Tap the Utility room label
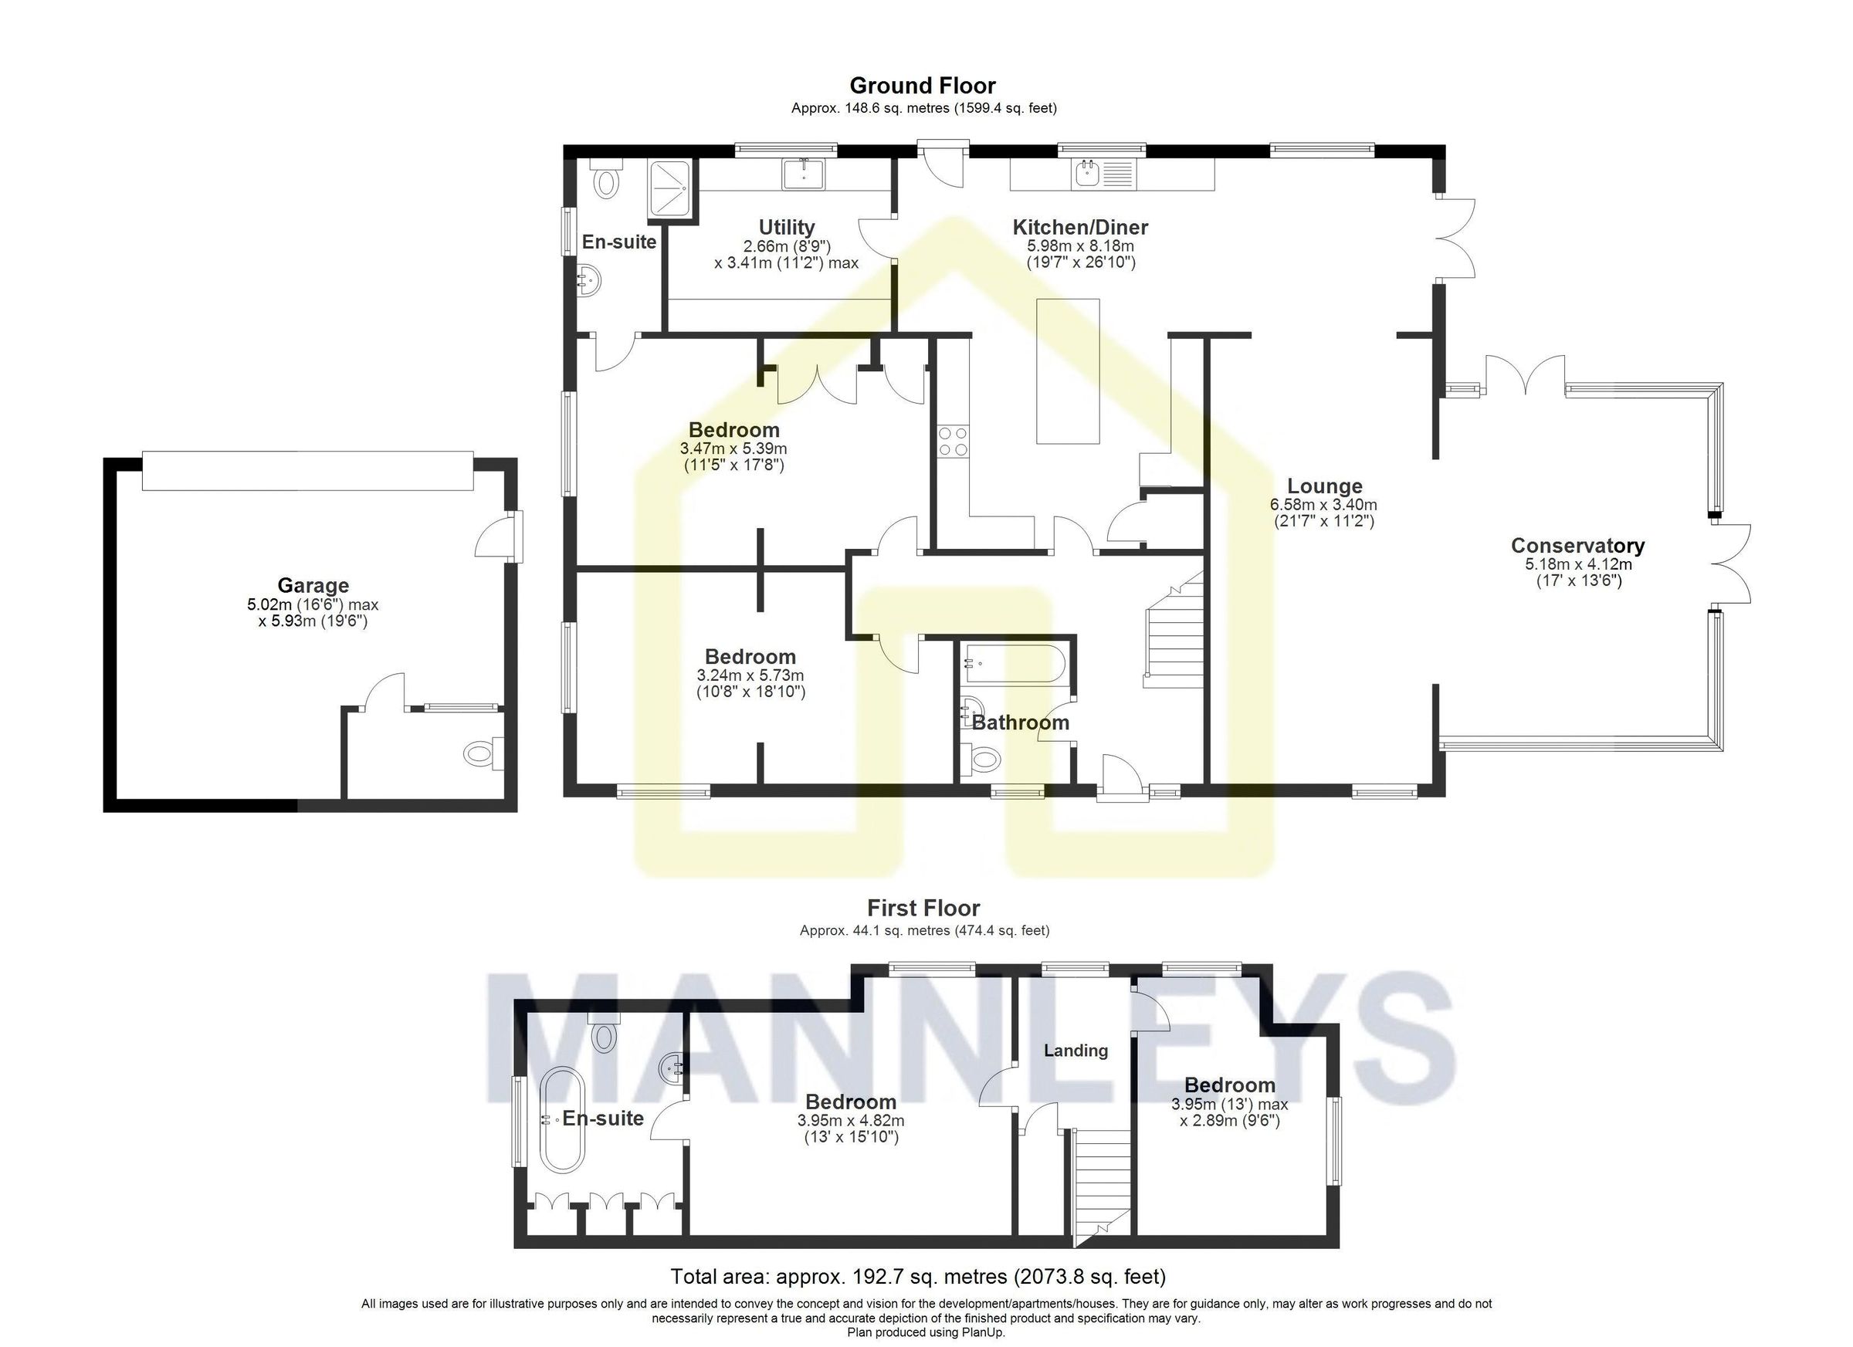pyautogui.click(x=786, y=227)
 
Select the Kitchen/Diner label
pyautogui.click(x=1080, y=227)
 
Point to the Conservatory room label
pyautogui.click(x=1577, y=546)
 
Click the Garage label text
pyautogui.click(x=313, y=585)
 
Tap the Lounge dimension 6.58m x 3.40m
pyautogui.click(x=1323, y=505)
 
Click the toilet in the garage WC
pyautogui.click(x=480, y=753)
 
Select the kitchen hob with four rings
pyautogui.click(x=953, y=441)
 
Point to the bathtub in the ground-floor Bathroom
pyautogui.click(x=1012, y=663)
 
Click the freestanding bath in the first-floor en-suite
pyautogui.click(x=561, y=1119)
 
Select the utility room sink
pyautogui.click(x=804, y=174)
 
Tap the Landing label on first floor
pyautogui.click(x=1076, y=1051)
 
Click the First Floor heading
pyautogui.click(x=923, y=908)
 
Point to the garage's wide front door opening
pyautogui.click(x=307, y=471)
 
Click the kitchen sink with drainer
pyautogui.click(x=1103, y=173)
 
